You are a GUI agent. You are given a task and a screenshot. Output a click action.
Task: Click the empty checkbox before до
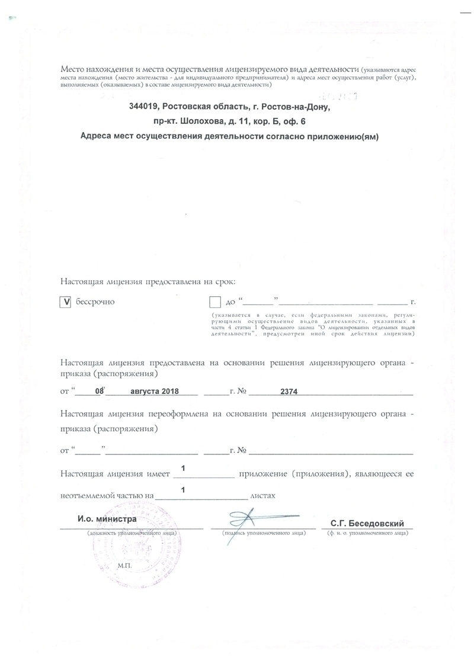(215, 302)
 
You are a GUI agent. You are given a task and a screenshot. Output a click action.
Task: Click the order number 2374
(289, 392)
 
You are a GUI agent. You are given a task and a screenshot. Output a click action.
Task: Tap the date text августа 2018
(154, 392)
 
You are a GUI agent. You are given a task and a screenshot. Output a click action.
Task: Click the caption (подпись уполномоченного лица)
(264, 534)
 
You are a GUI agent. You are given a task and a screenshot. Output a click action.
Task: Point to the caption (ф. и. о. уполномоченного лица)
(367, 534)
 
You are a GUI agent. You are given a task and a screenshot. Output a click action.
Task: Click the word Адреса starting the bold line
(97, 136)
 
